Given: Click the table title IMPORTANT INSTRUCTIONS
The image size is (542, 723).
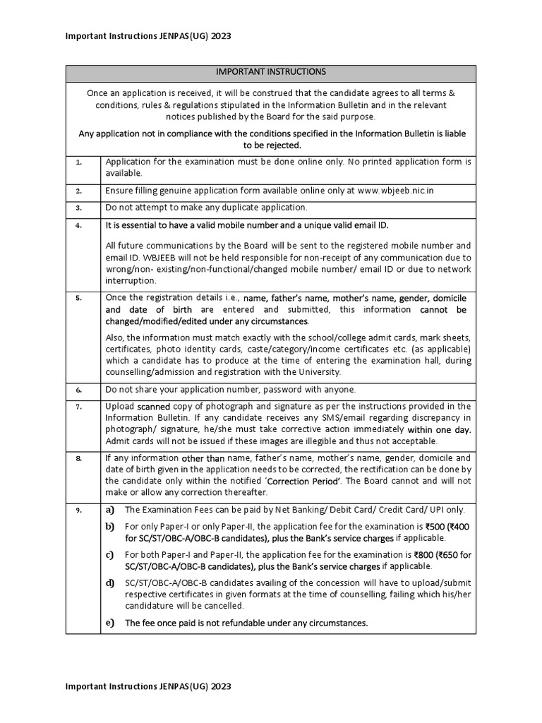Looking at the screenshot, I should [x=271, y=72].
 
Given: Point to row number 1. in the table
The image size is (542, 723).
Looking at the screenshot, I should [x=79, y=162].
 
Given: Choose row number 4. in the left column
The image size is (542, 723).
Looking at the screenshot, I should [x=79, y=226].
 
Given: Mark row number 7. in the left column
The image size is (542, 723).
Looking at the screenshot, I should [x=79, y=407].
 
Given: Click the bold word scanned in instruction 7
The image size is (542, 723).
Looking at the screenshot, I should [x=154, y=407].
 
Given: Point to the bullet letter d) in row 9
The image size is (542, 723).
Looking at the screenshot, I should [x=109, y=583].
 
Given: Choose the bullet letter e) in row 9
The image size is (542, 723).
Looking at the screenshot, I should [x=109, y=623].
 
